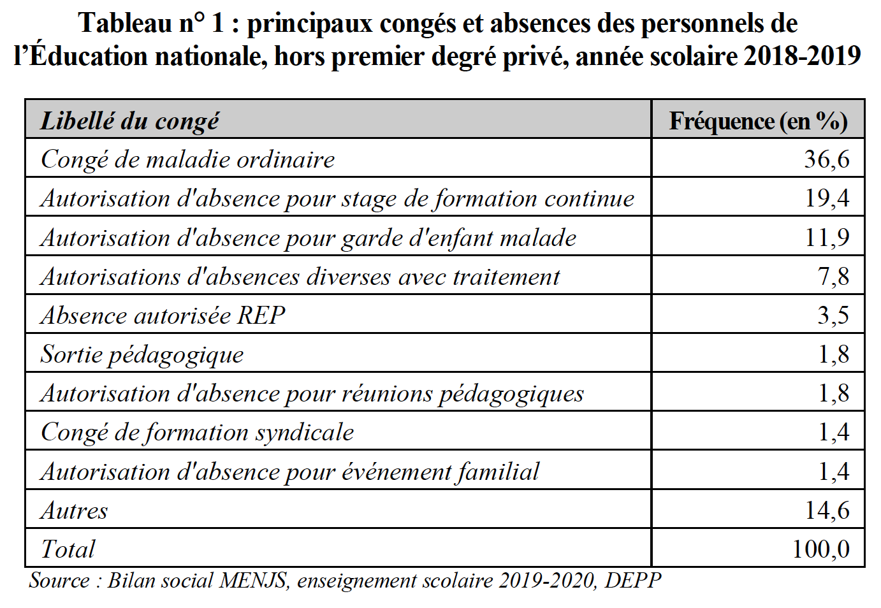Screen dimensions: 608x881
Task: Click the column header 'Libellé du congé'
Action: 130,120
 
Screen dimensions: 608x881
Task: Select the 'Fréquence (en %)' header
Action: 758,120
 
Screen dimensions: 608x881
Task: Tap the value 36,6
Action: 826,159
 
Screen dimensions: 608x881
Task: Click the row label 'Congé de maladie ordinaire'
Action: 187,159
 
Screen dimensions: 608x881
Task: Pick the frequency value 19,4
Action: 826,198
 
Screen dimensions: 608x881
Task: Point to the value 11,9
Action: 826,237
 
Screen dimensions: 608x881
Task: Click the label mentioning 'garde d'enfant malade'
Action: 309,238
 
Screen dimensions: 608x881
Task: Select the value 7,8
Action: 833,277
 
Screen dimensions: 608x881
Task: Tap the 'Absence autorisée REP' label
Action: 163,315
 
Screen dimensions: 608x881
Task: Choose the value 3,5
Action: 833,315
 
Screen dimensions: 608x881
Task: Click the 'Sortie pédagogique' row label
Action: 142,354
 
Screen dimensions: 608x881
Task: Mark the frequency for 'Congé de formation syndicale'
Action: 833,432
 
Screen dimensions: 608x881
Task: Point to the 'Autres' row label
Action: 74,510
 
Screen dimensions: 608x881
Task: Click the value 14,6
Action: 826,510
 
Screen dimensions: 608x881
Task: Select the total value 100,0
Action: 820,549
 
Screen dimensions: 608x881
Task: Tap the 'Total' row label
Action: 68,549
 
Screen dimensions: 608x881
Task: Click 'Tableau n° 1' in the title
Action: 151,23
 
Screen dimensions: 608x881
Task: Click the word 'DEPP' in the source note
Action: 632,581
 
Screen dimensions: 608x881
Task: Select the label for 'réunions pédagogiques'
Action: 312,394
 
